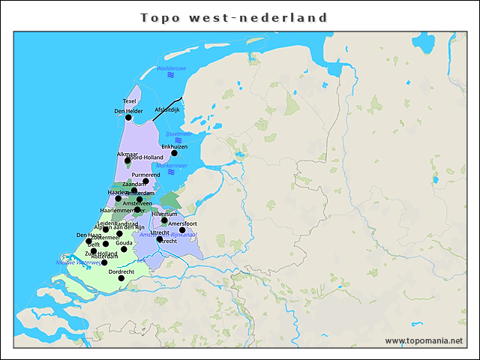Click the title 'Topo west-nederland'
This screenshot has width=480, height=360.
tap(235, 17)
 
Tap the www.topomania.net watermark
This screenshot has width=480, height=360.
tap(424, 340)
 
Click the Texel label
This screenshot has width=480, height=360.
tap(130, 101)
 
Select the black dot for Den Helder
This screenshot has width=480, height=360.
tap(128, 118)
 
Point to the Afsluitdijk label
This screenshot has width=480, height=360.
tap(167, 109)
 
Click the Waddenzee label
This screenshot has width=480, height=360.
tap(171, 68)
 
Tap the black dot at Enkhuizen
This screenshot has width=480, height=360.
tap(174, 153)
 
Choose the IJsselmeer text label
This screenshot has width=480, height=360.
tap(178, 133)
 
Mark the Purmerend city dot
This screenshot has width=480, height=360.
tap(146, 181)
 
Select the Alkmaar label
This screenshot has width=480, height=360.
tap(127, 154)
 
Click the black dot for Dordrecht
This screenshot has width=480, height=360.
tap(121, 278)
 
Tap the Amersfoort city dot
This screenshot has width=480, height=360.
tap(181, 230)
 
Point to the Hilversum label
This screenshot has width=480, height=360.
tap(164, 214)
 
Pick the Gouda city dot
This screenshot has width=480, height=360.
tap(124, 249)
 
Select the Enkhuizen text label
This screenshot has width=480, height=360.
tap(174, 145)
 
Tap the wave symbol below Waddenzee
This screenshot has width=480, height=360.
tap(171, 76)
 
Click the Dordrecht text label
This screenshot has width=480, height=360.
tap(121, 271)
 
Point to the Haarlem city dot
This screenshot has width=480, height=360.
tap(118, 198)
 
